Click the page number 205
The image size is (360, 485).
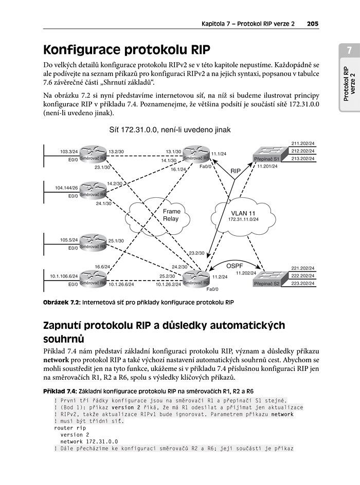click(x=313, y=24)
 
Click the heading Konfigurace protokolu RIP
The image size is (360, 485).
click(x=127, y=50)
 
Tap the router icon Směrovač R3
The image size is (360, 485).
click(x=93, y=154)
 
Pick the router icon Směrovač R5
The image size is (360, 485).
click(x=93, y=242)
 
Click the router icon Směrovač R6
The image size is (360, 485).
click(x=93, y=278)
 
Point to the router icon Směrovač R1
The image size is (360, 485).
click(x=196, y=154)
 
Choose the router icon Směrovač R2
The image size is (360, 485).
click(x=196, y=278)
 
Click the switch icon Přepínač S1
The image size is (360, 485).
click(x=267, y=154)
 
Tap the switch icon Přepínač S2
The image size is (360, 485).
click(x=267, y=279)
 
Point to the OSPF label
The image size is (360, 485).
click(x=235, y=266)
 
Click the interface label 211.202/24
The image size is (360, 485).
click(x=303, y=143)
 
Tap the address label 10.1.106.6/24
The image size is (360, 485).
click(x=64, y=276)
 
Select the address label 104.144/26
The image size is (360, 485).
click(x=66, y=188)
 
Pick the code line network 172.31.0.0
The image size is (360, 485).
click(x=89, y=442)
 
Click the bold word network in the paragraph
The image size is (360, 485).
click(x=56, y=360)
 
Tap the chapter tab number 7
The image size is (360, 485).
click(x=350, y=50)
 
